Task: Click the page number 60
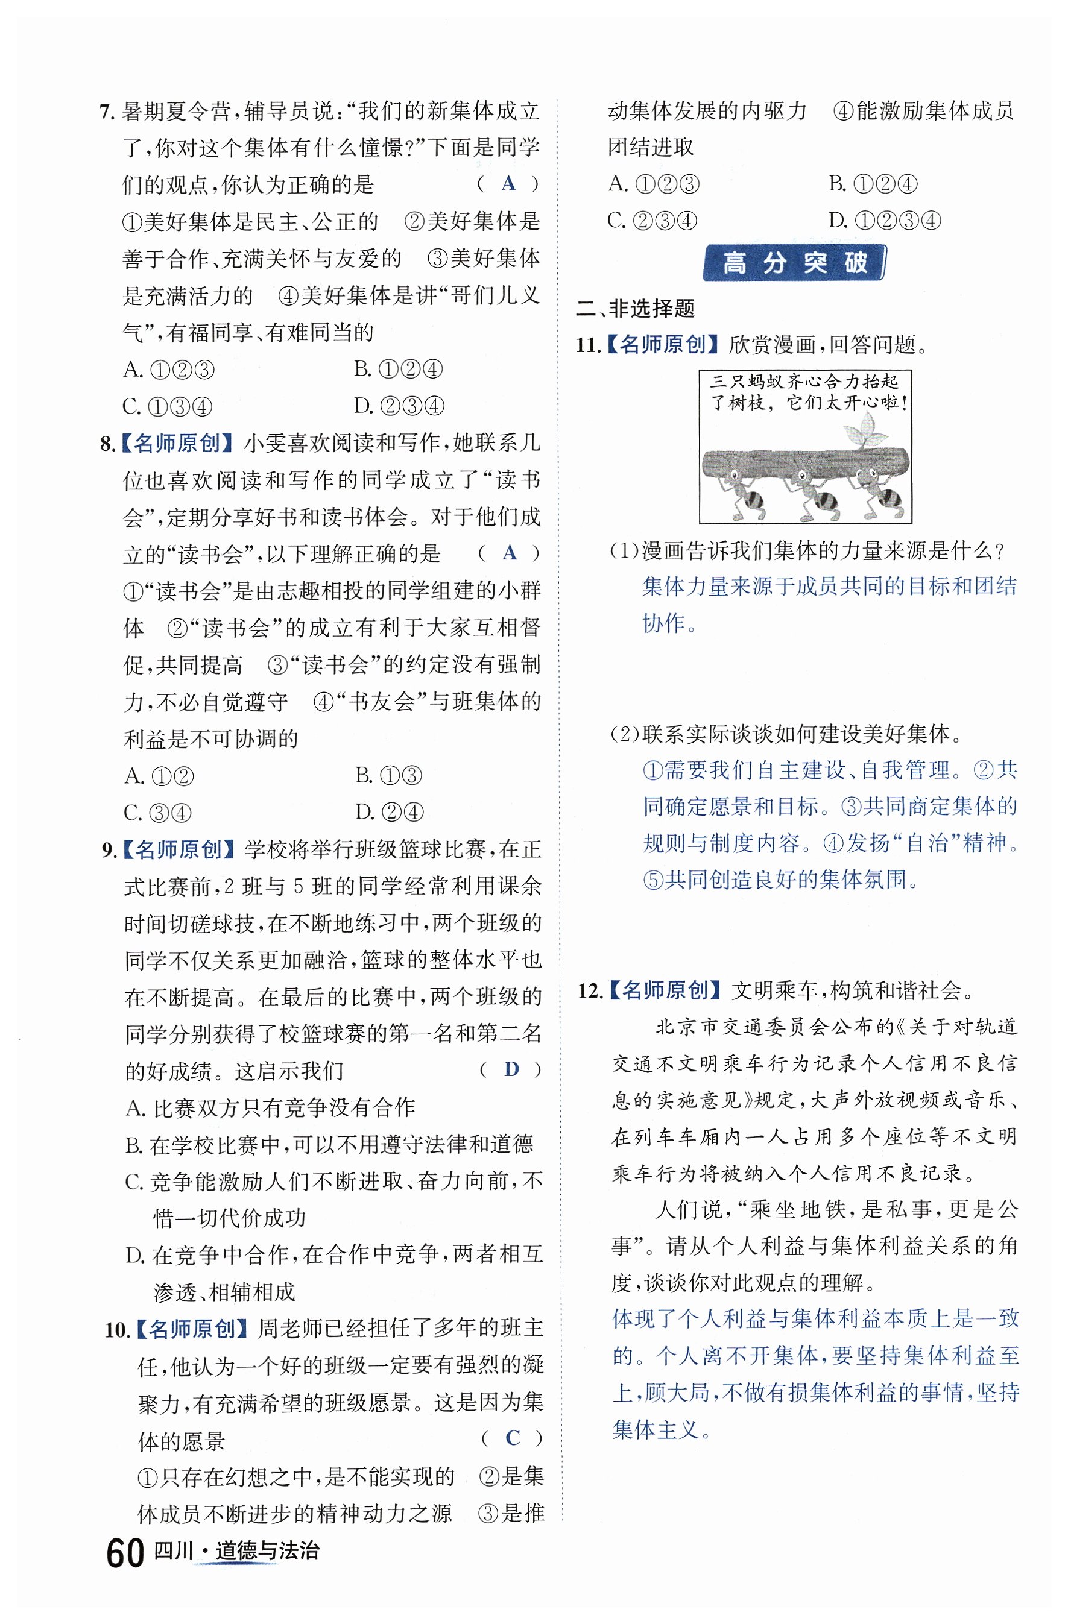(125, 1553)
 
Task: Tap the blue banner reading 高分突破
(794, 263)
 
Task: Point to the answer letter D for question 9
(511, 1069)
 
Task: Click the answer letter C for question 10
(513, 1438)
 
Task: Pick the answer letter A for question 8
(509, 553)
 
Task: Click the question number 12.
(590, 990)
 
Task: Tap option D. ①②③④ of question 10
(885, 221)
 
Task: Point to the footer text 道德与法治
(267, 1551)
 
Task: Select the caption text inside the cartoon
(805, 392)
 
